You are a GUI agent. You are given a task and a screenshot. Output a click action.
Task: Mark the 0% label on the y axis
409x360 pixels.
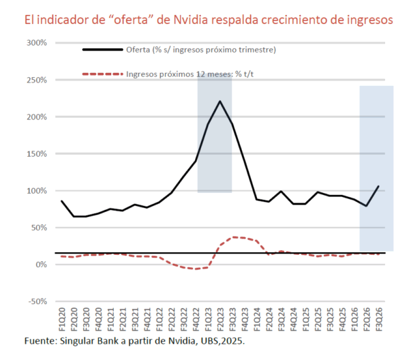(x=40, y=264)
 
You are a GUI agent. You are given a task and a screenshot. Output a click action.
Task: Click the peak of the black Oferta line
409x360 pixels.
(x=219, y=102)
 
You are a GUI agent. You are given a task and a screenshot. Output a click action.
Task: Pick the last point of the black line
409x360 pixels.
(x=378, y=186)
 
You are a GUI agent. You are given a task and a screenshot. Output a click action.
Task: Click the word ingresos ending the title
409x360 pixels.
(x=368, y=20)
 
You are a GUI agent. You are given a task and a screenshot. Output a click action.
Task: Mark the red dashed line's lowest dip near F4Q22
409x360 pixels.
(x=196, y=269)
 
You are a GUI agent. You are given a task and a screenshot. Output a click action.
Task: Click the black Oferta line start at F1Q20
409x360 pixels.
(x=62, y=201)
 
